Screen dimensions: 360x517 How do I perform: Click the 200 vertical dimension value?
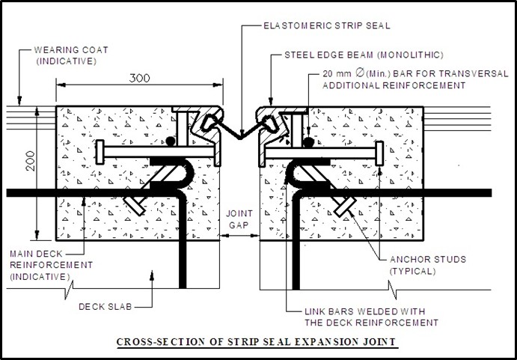[x=28, y=162]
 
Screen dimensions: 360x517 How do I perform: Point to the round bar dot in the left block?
[x=171, y=140]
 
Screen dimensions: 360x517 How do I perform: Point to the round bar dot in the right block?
[x=309, y=140]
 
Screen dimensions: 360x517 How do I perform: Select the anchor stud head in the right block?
[x=343, y=205]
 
